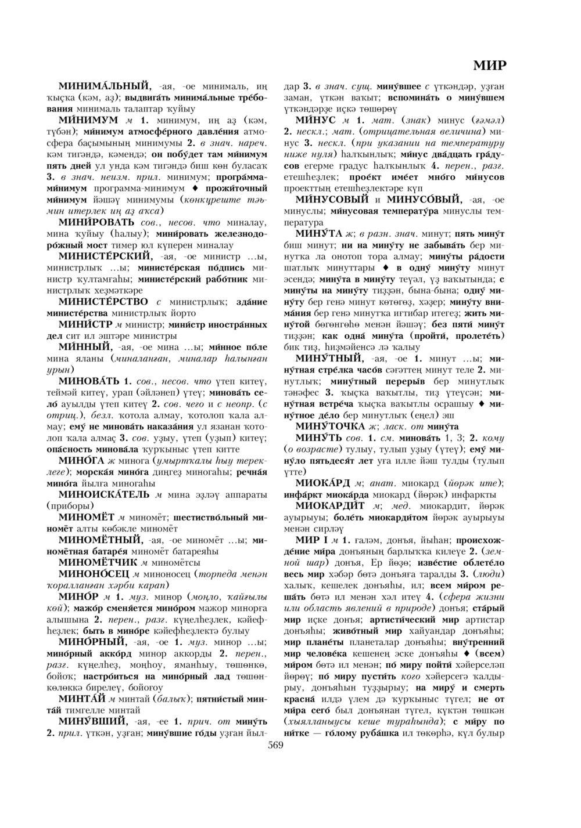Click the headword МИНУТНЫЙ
click(328, 358)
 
